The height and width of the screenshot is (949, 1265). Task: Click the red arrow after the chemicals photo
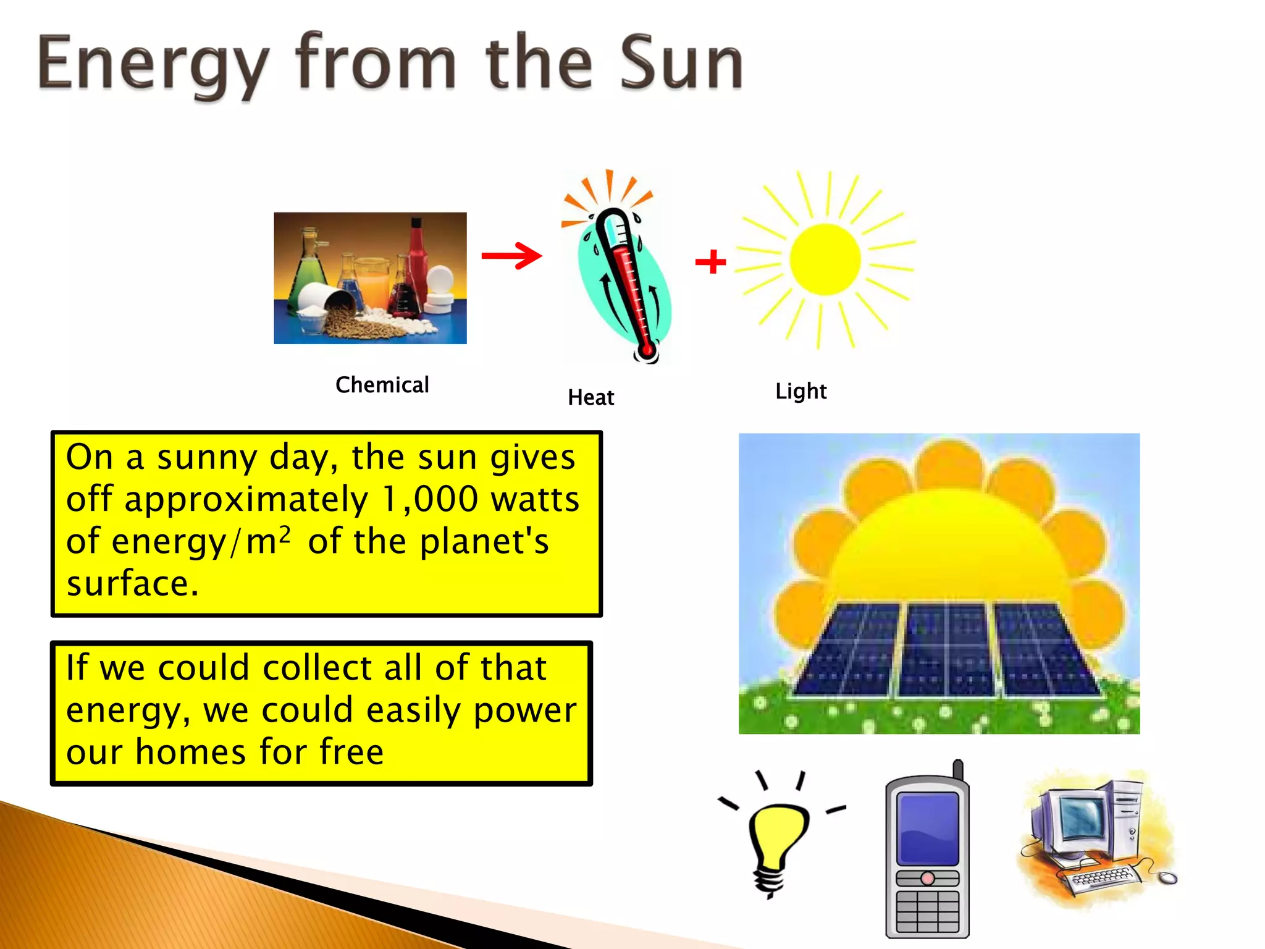(511, 256)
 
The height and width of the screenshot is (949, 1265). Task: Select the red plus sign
(710, 261)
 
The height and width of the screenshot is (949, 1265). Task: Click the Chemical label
(382, 385)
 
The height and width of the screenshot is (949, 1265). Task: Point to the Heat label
(590, 397)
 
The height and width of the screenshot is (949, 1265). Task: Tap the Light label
(801, 391)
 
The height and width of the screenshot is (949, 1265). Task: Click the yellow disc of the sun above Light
(825, 259)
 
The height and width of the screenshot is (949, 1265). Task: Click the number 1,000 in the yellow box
(430, 499)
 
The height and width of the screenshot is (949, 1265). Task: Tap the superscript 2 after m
(284, 534)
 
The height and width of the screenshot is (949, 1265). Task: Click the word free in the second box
(351, 752)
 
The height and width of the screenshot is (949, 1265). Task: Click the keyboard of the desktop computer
(1103, 877)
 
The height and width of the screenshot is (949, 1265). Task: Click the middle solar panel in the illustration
(945, 649)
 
